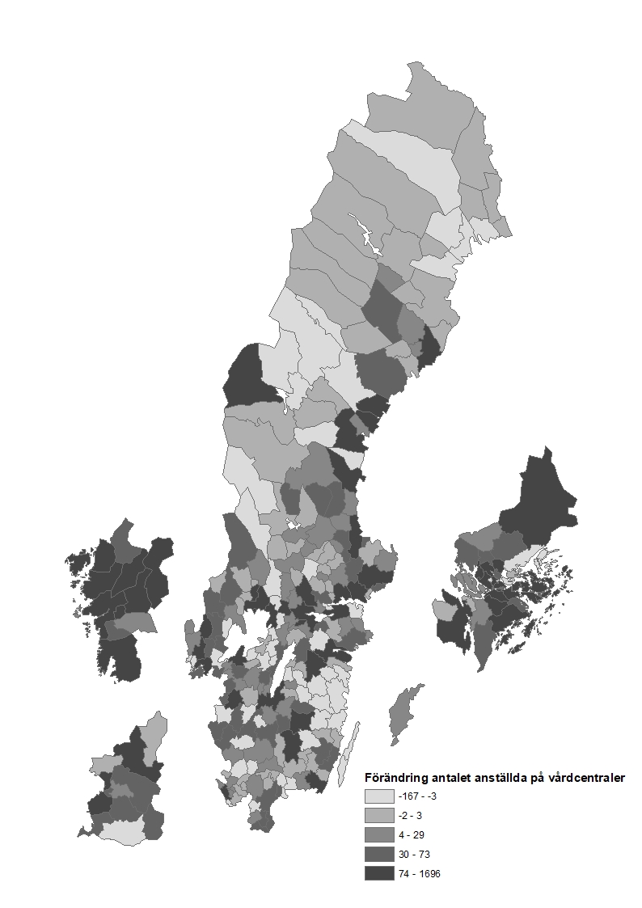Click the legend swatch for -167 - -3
point(378,796)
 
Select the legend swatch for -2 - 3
point(378,815)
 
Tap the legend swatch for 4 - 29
point(378,834)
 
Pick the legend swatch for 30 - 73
point(378,854)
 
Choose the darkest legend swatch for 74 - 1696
point(378,873)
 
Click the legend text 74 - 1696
point(419,873)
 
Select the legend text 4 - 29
point(410,834)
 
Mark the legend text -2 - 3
point(409,815)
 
